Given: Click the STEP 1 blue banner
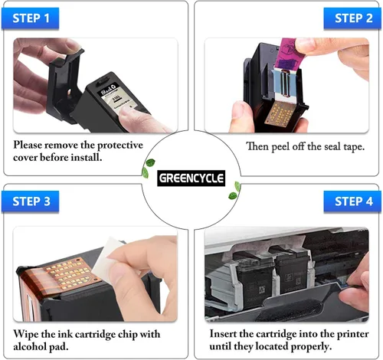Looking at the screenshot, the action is pyautogui.click(x=30, y=18).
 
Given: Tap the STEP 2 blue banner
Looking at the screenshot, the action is pyautogui.click(x=352, y=18).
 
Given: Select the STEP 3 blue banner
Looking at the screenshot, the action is pyautogui.click(x=30, y=201).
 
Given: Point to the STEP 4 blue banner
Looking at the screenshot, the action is pyautogui.click(x=352, y=201).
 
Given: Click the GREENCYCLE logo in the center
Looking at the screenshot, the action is pyautogui.click(x=191, y=178).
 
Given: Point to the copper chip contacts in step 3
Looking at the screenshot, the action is pyautogui.click(x=68, y=273).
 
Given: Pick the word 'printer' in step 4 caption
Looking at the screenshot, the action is pyautogui.click(x=352, y=334).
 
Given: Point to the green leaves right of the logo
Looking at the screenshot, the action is pyautogui.click(x=235, y=191).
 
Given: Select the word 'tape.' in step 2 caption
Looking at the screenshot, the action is pyautogui.click(x=354, y=147).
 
